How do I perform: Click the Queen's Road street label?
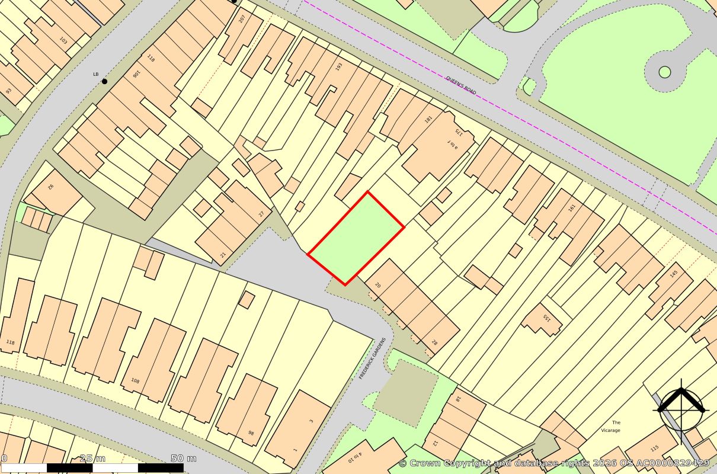(460, 85)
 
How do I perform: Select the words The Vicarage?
(610, 426)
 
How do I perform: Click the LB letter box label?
(95, 74)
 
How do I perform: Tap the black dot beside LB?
(105, 81)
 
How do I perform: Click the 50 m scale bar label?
(184, 458)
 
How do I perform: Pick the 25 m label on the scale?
(92, 458)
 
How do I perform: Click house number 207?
(242, 18)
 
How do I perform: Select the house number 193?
(339, 67)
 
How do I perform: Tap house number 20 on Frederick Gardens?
(377, 285)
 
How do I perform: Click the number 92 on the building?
(51, 187)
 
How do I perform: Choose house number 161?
(571, 208)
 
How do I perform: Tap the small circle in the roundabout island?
(665, 72)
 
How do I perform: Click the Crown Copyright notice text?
(553, 463)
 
